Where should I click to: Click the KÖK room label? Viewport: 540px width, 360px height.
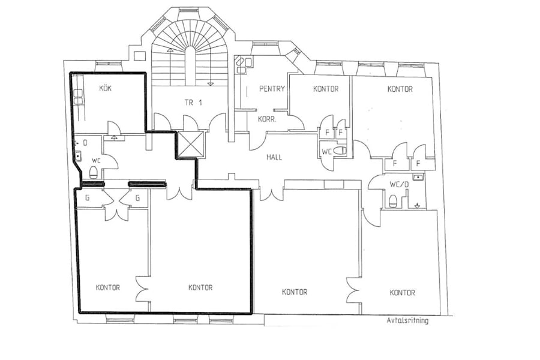pyautogui.click(x=106, y=88)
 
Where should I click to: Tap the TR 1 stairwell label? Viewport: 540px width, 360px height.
pyautogui.click(x=193, y=103)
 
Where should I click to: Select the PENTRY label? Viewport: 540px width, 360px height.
pyautogui.click(x=272, y=89)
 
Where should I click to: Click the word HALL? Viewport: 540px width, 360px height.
pyautogui.click(x=274, y=157)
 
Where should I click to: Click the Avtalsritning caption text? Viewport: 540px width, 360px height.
pyautogui.click(x=407, y=320)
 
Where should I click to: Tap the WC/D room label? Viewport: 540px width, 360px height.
pyautogui.click(x=399, y=184)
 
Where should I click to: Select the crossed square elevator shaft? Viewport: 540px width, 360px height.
pyautogui.click(x=191, y=144)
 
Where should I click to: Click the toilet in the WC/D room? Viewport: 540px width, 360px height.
pyautogui.click(x=393, y=201)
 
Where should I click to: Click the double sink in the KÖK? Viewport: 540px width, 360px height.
pyautogui.click(x=78, y=97)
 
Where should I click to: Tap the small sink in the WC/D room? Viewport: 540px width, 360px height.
pyautogui.click(x=418, y=178)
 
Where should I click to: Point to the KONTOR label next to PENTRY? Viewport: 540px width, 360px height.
pyautogui.click(x=326, y=89)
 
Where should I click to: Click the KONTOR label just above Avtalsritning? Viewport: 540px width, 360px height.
pyautogui.click(x=402, y=292)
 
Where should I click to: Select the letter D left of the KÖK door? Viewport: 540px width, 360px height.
pyautogui.click(x=85, y=142)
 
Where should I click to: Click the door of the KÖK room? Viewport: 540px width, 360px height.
pyautogui.click(x=113, y=127)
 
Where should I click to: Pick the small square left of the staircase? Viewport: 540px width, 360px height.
pyautogui.click(x=139, y=56)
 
